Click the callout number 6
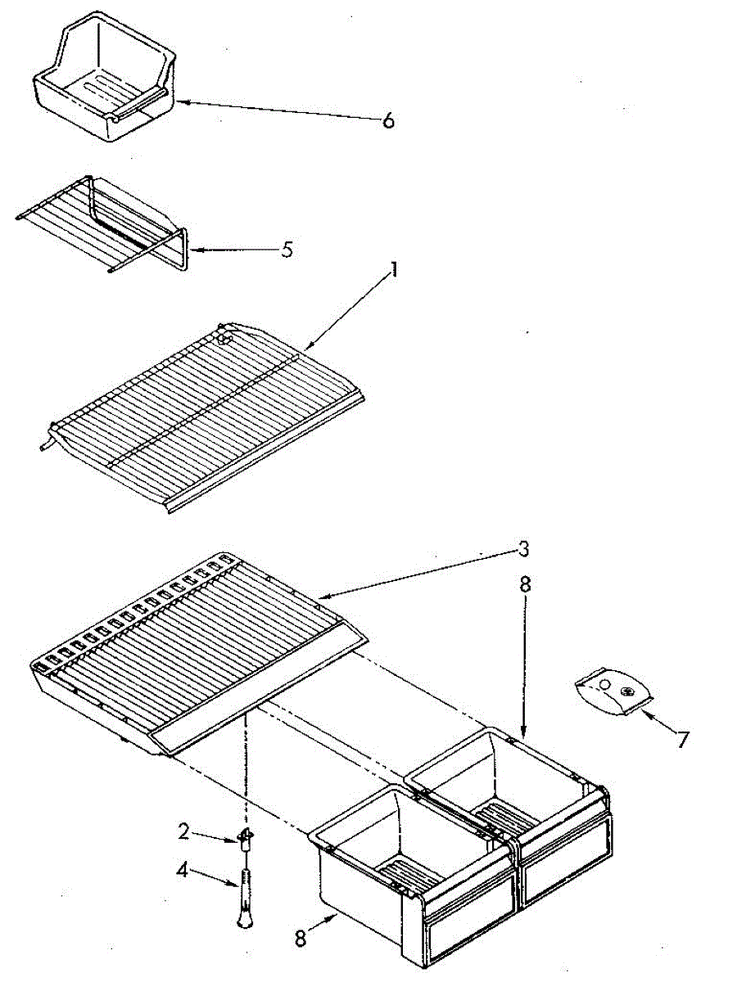pyautogui.click(x=388, y=121)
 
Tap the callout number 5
pyautogui.click(x=287, y=250)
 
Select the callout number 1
pyautogui.click(x=394, y=270)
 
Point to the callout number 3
pyautogui.click(x=523, y=549)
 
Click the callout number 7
pyautogui.click(x=681, y=740)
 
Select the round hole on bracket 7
pyautogui.click(x=604, y=684)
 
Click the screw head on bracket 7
pyautogui.click(x=626, y=692)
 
